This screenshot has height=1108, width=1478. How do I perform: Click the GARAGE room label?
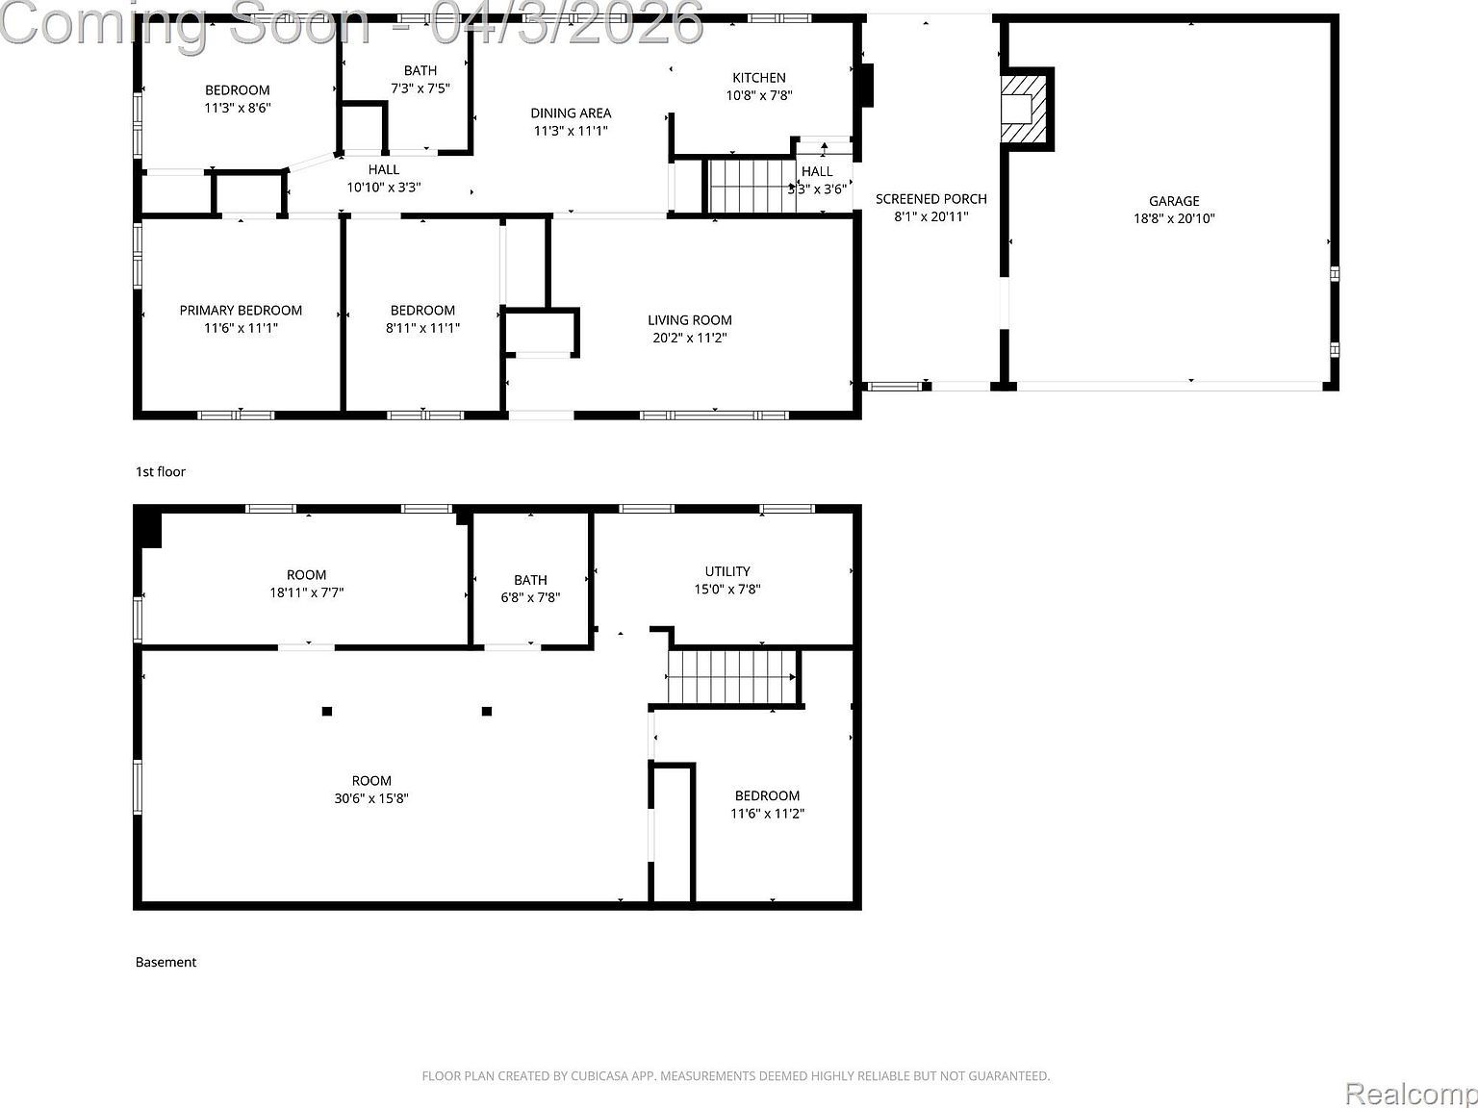(1174, 201)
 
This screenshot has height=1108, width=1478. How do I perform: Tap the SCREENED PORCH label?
(930, 199)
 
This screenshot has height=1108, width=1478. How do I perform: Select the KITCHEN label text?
(759, 78)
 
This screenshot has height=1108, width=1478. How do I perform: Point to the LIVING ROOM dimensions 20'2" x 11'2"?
(689, 338)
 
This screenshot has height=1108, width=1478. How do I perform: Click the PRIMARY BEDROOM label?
(241, 310)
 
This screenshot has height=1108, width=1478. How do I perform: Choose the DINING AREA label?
(571, 113)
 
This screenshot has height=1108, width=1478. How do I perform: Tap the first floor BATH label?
(420, 70)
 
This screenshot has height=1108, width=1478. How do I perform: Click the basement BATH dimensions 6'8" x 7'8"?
(530, 597)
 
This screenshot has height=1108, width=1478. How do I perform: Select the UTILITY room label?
(727, 571)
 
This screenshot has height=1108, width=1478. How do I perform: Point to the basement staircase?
(732, 677)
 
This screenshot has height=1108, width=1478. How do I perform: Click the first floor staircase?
(751, 186)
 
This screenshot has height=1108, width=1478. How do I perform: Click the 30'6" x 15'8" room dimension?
(371, 798)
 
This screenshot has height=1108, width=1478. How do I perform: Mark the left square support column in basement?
(327, 712)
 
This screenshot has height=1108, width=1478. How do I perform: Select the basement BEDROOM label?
(767, 795)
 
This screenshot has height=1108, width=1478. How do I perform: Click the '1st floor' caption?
(161, 471)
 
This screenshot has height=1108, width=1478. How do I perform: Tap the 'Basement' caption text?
(166, 962)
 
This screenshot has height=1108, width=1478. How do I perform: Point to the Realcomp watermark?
(1411, 1094)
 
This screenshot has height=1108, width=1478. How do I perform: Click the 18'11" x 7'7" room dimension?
(306, 592)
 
